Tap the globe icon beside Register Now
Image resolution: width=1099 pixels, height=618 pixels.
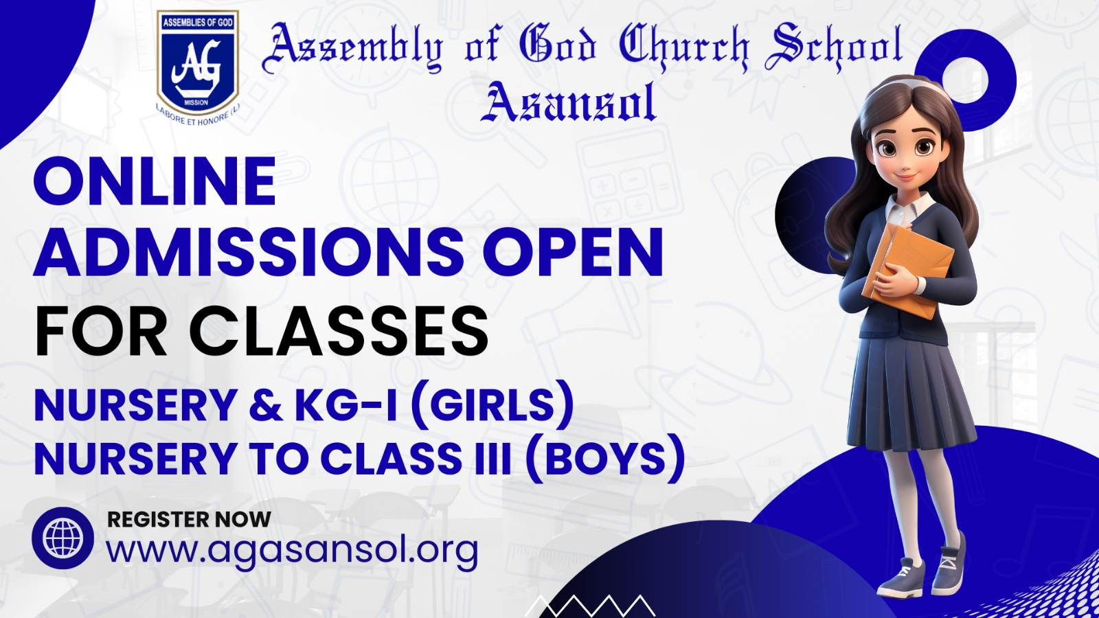click(63, 538)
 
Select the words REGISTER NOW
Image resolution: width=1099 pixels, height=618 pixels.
click(189, 519)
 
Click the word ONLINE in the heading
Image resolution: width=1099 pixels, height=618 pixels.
click(155, 181)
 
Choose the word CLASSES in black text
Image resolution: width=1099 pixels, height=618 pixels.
click(339, 330)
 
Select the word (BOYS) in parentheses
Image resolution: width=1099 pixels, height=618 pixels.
click(605, 459)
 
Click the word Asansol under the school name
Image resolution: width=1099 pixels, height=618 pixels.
click(568, 102)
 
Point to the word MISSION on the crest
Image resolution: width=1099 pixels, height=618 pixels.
click(196, 102)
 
